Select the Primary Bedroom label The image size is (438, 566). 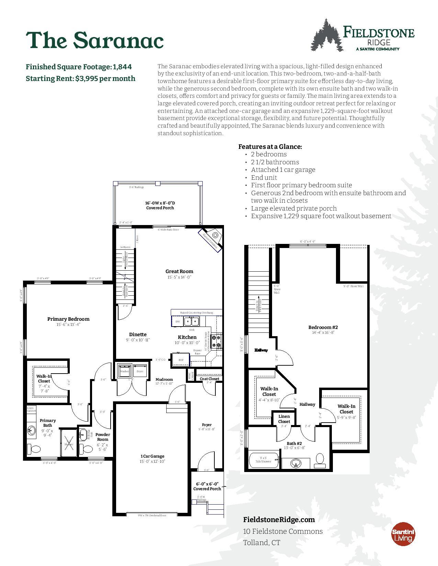pyautogui.click(x=68, y=319)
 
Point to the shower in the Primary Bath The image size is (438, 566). pyautogui.click(x=68, y=444)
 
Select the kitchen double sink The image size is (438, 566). pyautogui.click(x=191, y=321)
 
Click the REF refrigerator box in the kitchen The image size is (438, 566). pyautogui.click(x=181, y=360)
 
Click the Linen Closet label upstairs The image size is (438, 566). pyautogui.click(x=284, y=419)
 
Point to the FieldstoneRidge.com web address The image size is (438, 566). pyautogui.click(x=279, y=519)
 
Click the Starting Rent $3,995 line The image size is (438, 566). pyautogui.click(x=81, y=79)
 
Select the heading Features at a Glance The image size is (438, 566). pyautogui.click(x=270, y=146)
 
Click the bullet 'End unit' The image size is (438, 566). pyautogui.click(x=264, y=177)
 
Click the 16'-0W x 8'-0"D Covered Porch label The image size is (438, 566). pyautogui.click(x=160, y=205)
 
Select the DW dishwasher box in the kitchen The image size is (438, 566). pyautogui.click(x=178, y=321)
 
